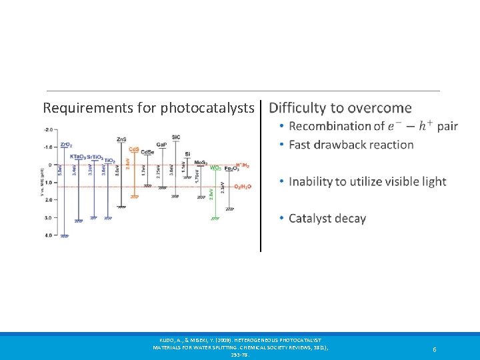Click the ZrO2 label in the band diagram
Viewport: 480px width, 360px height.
click(x=66, y=144)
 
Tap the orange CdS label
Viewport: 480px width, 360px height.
click(x=134, y=149)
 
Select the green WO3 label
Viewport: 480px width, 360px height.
click(x=216, y=168)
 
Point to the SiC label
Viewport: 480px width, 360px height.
click(x=175, y=137)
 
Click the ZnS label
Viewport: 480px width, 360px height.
click(x=121, y=139)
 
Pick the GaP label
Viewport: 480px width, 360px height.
click(x=161, y=144)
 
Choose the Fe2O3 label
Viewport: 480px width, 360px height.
click(x=230, y=168)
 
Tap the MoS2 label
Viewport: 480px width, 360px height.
click(x=200, y=162)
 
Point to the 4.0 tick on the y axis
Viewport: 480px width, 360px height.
click(x=48, y=235)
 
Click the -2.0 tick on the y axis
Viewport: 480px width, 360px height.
click(x=48, y=129)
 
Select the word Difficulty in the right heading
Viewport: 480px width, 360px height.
click(x=297, y=108)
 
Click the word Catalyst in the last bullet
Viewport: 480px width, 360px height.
click(x=311, y=219)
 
